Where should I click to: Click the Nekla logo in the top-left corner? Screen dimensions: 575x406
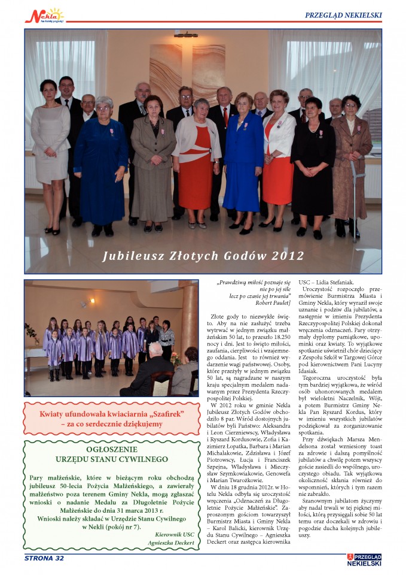(x=44, y=15)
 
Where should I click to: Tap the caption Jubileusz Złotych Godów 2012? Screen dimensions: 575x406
(x=203, y=256)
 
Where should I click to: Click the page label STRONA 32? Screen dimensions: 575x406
(x=44, y=558)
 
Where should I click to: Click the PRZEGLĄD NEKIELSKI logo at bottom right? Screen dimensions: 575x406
(x=364, y=559)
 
